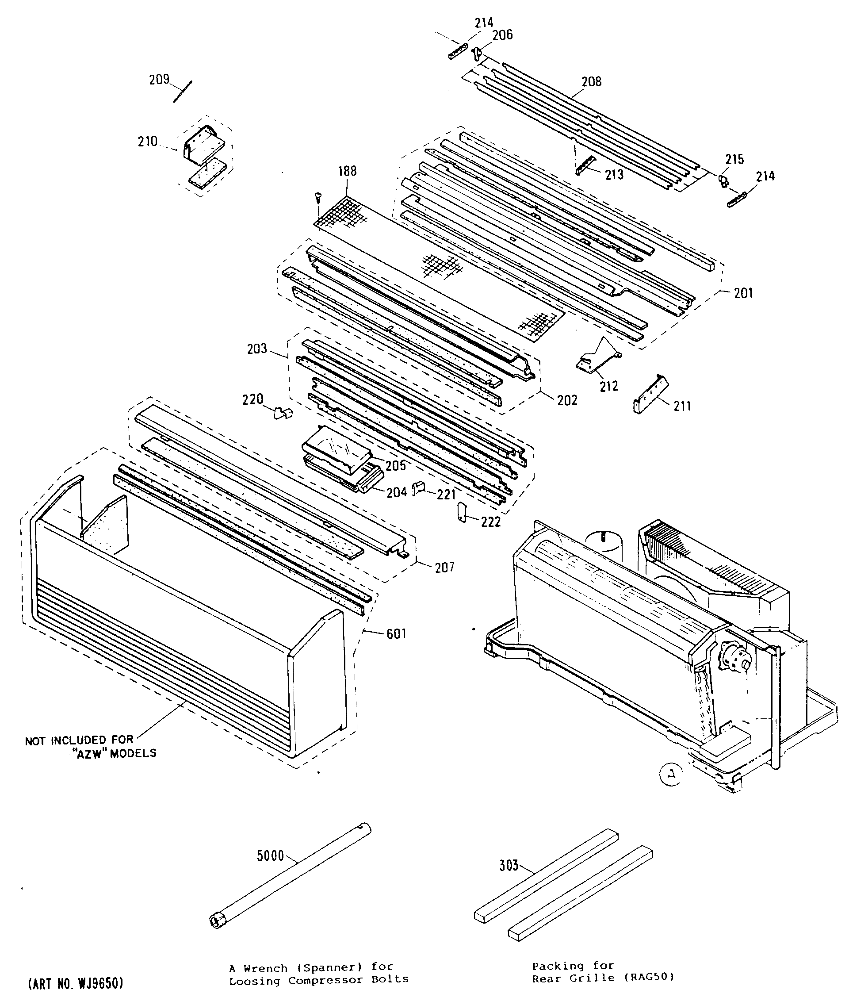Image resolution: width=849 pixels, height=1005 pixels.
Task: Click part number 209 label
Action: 159,79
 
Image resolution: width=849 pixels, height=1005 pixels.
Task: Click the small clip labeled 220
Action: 283,413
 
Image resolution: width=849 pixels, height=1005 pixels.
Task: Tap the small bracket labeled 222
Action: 462,511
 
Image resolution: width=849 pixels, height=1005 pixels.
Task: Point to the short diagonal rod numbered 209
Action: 183,92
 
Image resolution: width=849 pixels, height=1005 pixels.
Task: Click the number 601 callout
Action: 396,634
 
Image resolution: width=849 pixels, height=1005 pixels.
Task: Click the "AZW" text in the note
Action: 91,754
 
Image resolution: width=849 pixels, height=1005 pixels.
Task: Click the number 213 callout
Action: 614,175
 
